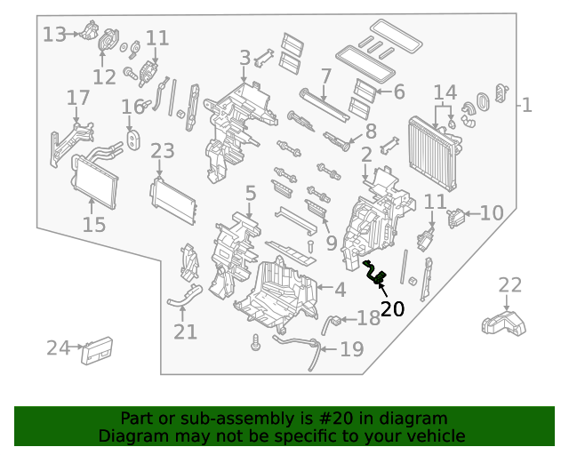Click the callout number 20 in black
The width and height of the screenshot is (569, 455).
(392, 309)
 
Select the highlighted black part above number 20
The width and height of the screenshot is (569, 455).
(375, 273)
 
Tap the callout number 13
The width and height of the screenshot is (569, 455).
(54, 35)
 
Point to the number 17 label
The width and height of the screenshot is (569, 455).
(78, 97)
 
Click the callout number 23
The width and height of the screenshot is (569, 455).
(163, 151)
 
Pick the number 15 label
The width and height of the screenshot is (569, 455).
(94, 224)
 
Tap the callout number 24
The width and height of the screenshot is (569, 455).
(59, 348)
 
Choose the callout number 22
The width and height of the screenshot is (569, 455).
(510, 285)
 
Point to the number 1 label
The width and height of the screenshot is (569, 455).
(526, 106)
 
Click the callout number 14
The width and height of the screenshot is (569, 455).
(445, 92)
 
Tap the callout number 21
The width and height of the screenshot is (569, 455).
(185, 331)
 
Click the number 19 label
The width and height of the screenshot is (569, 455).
(352, 349)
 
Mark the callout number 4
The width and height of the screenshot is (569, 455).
(340, 289)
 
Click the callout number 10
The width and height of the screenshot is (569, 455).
(492, 212)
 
